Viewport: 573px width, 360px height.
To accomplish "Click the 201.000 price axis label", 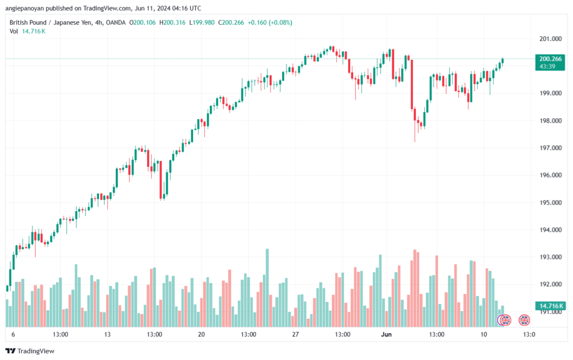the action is pos(551,39).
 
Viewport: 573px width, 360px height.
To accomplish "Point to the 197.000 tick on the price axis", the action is pos(551,148).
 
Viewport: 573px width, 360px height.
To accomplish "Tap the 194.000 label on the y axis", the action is pos(551,230).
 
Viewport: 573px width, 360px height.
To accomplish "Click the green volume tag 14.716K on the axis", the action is pos(550,306).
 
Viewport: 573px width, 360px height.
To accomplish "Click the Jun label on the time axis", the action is pos(386,334).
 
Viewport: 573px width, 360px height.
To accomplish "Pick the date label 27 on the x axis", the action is pos(295,334).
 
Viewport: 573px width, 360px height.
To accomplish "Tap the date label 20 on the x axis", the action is pos(201,334).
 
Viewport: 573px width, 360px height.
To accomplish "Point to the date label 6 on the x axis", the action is pos(13,334).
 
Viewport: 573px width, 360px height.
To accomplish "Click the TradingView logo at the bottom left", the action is pos(30,351).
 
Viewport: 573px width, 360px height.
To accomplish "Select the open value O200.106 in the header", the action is pos(143,22).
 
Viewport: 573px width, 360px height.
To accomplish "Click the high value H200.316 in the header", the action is pos(172,22).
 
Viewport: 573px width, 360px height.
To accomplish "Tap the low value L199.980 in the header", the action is pos(201,22).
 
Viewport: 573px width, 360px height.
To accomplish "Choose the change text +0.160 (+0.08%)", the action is pos(270,22).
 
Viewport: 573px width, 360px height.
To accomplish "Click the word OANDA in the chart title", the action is pos(115,22).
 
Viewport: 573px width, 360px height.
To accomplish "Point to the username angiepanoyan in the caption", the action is pos(25,8).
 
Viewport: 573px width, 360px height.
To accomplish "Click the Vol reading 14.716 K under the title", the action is pos(34,31).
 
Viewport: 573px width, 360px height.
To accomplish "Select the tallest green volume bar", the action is pos(267,288).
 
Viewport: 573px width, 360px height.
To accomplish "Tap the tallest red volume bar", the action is pos(415,288).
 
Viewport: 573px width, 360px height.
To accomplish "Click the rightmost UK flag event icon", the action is pos(524,320).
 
